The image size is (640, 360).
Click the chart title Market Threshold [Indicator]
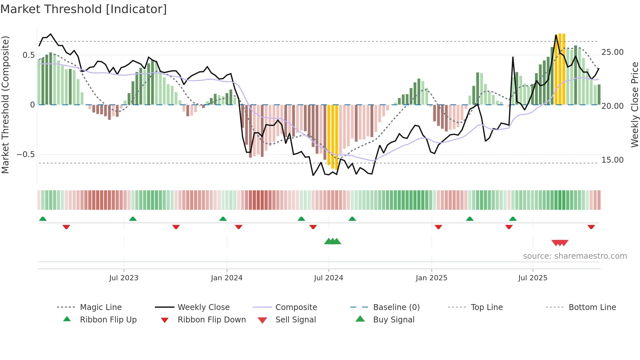click(x=84, y=9)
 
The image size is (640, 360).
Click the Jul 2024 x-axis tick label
click(x=328, y=278)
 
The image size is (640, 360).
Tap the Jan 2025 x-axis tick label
click(x=431, y=278)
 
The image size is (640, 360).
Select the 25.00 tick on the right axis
click(x=612, y=52)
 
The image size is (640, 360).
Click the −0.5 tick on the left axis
click(x=26, y=154)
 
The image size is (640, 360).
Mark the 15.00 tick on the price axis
click(x=612, y=160)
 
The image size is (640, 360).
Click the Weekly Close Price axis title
click(x=634, y=105)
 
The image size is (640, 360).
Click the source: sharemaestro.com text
click(x=575, y=256)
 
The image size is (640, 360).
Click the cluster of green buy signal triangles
click(x=332, y=241)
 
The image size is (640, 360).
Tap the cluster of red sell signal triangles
click(x=560, y=243)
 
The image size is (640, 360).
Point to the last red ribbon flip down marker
click(x=591, y=227)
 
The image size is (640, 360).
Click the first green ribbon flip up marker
click(x=43, y=219)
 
